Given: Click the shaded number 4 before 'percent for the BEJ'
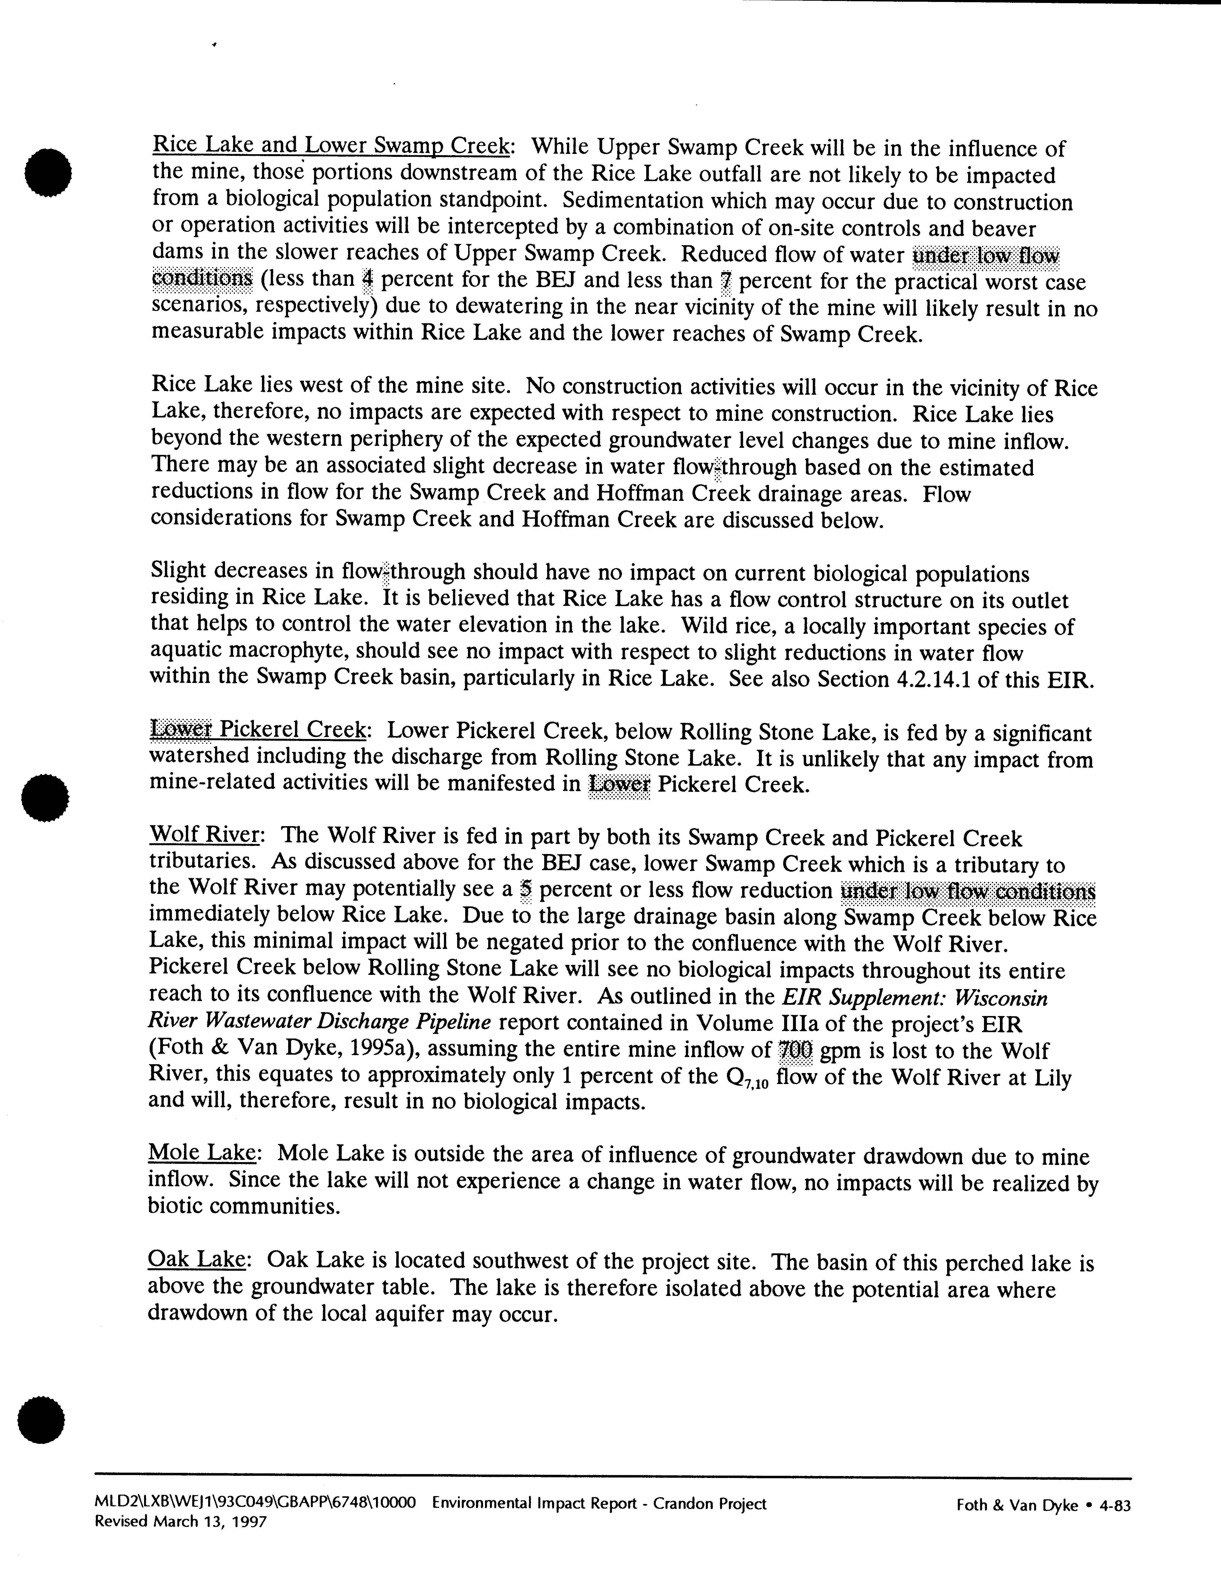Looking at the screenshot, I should [x=367, y=280].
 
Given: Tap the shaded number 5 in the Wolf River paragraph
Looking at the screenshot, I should [x=526, y=891].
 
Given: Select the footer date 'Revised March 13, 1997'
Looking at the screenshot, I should [x=181, y=1521].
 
